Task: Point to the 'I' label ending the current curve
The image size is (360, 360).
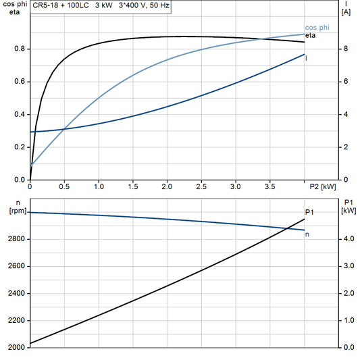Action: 307,59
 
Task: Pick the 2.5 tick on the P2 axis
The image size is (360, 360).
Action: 201,186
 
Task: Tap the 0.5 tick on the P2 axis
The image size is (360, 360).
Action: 64,186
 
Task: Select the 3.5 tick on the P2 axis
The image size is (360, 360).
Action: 269,186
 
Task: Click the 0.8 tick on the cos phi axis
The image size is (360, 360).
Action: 20,49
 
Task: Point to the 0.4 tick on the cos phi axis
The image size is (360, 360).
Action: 20,115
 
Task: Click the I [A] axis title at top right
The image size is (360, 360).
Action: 346,8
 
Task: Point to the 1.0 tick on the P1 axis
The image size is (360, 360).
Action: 348,321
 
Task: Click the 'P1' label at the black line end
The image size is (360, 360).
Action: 309,213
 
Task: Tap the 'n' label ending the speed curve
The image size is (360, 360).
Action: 308,234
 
